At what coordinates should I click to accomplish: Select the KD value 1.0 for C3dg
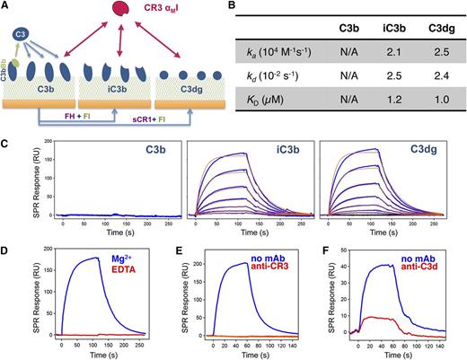[x=435, y=116]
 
